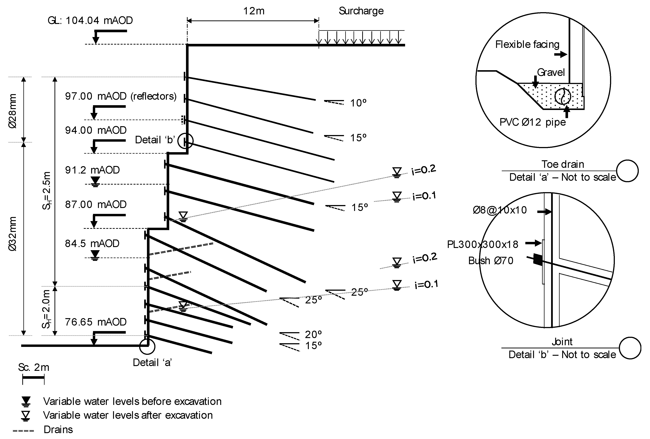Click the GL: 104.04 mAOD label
pos(90,20)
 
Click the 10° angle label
pos(358,103)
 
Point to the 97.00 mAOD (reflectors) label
pos(121,96)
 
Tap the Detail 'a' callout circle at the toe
pos(147,346)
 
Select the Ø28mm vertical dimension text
pos(13,111)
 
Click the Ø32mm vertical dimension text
pos(13,234)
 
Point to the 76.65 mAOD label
pos(96,322)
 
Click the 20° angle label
pos(313,334)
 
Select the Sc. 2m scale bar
pos(33,377)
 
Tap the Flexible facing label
pos(527,44)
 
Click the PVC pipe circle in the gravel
pos(563,96)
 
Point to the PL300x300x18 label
pos(482,244)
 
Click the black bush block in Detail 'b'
pos(537,259)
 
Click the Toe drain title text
pos(563,164)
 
